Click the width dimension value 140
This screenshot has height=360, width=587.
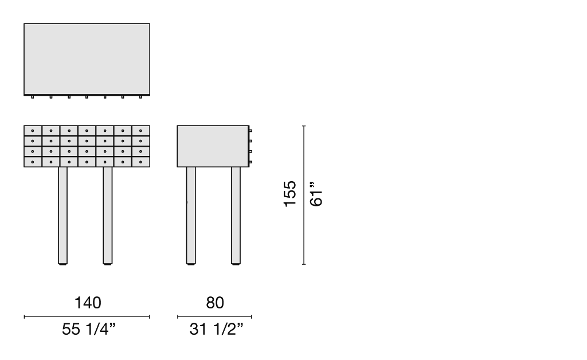coord(88,303)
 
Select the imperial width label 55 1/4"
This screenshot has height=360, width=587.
coord(89,329)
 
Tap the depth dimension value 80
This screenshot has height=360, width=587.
coord(215,303)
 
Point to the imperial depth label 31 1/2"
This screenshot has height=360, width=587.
coord(216,329)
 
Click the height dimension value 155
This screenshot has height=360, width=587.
coord(290,194)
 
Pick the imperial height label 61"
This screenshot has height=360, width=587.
coord(316,194)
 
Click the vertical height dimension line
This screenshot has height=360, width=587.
coord(304,195)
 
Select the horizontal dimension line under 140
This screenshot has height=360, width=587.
coord(87,316)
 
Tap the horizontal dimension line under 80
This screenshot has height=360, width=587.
coord(214,316)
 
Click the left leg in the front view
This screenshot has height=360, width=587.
coord(63,216)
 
